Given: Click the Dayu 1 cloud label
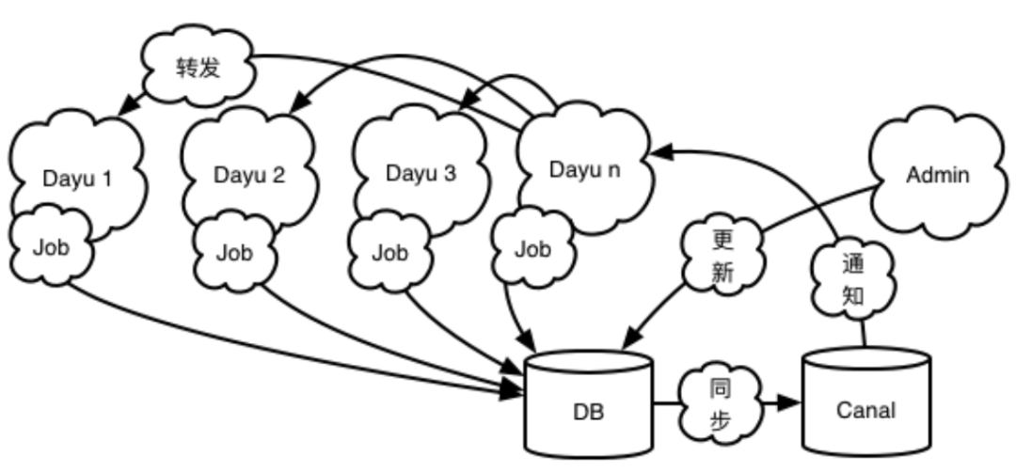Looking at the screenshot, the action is click(77, 179).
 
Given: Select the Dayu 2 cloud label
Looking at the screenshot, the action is click(248, 176).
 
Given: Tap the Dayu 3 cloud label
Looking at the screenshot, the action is click(421, 173).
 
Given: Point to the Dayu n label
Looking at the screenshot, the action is click(584, 169).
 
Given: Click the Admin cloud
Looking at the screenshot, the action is click(938, 173).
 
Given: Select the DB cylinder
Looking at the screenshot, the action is click(588, 402).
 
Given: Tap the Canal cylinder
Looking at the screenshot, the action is click(866, 401).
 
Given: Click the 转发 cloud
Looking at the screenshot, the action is click(198, 66).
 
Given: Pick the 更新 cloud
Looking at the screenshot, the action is click(722, 256).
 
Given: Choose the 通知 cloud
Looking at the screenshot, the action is click(852, 279).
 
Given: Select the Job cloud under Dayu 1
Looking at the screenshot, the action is click(51, 246).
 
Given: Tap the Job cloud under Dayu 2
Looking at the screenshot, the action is click(234, 252).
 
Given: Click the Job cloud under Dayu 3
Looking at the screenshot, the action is click(390, 252).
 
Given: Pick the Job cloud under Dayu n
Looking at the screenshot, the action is click(532, 248).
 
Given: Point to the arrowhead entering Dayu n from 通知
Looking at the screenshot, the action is click(662, 153).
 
